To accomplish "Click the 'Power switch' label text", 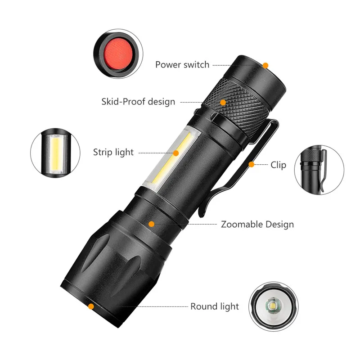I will tap(182, 65).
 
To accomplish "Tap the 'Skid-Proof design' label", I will tap(138, 102).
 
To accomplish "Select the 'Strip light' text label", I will tap(113, 152).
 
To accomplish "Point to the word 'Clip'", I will tap(278, 165).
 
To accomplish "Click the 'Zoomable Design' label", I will tap(257, 224).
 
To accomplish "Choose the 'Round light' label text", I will tap(215, 306).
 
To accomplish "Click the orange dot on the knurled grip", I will tap(223, 102).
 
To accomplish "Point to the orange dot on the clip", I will tap(252, 165).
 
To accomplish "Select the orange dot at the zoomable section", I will tap(152, 224).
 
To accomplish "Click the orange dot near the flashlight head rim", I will tap(91, 306).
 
